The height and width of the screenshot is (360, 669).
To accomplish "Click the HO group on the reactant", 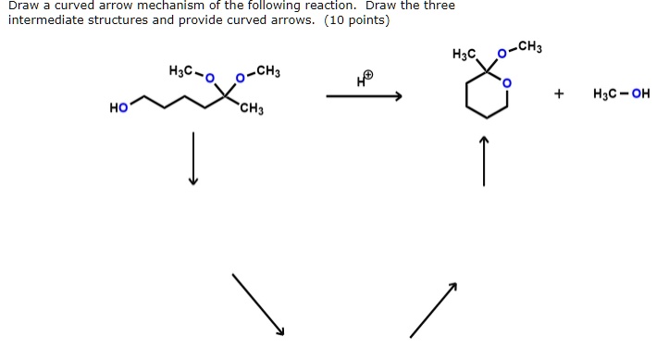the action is tap(118, 109).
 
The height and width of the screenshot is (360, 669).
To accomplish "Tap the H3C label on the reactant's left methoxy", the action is tap(181, 70).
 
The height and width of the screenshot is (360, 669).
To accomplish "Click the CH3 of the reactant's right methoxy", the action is tap(269, 70).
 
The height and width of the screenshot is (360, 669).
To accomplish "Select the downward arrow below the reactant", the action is tap(193, 158).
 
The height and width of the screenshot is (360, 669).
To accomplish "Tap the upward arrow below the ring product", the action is tap(483, 160).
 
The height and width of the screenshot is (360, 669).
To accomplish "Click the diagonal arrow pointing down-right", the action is tap(258, 304).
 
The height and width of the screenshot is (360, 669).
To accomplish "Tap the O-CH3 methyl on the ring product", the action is tap(531, 46).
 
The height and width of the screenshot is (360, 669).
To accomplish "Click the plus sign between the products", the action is tap(558, 94).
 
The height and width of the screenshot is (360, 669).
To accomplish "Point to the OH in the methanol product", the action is tap(640, 94).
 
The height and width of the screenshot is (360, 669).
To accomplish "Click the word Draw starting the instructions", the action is tap(23, 6).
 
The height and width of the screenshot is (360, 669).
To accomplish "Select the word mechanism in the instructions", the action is tap(175, 6).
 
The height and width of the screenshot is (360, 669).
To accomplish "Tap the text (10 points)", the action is tap(355, 21).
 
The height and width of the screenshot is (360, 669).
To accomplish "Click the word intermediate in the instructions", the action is tap(44, 21).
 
